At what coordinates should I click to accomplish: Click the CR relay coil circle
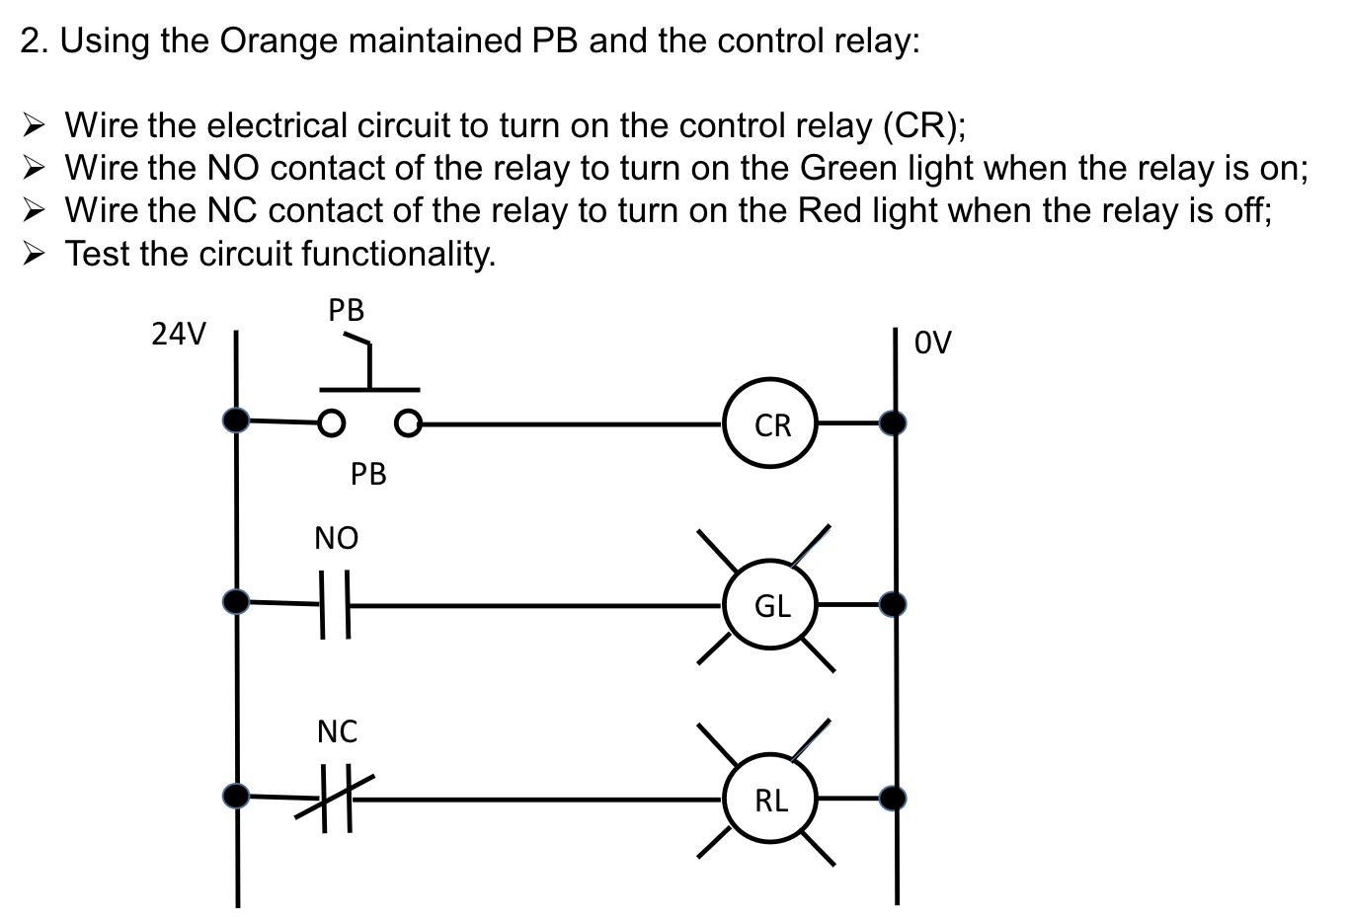(771, 425)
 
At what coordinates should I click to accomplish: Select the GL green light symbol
(771, 605)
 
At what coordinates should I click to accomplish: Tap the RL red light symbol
(771, 800)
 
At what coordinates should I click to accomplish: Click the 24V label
(179, 335)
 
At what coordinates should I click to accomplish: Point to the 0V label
(932, 343)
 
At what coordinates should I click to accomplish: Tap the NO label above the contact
(336, 539)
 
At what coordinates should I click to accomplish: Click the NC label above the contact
(337, 732)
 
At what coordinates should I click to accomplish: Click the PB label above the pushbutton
(347, 311)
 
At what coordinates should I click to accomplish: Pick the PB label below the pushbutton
(368, 475)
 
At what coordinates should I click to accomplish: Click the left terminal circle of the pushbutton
(332, 423)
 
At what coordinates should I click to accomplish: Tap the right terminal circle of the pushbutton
(408, 423)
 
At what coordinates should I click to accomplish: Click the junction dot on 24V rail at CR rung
(236, 421)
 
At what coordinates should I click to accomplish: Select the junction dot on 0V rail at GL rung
(894, 604)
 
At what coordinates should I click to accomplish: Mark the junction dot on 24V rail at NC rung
(236, 796)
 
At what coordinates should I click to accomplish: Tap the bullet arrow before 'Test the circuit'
(35, 254)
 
